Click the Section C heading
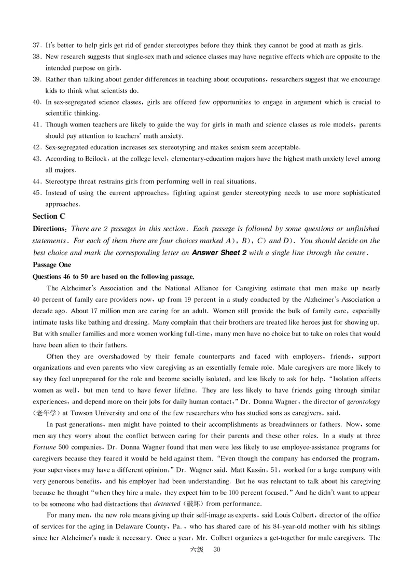coord(49,216)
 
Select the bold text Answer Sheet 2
coord(219,253)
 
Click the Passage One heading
coord(53,264)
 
